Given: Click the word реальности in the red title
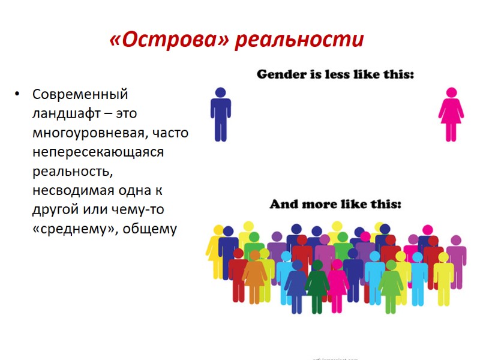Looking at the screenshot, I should (x=299, y=40).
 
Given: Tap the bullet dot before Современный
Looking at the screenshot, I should (x=19, y=95).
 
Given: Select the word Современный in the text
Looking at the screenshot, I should (x=80, y=94).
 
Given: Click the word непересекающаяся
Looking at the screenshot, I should (x=98, y=152).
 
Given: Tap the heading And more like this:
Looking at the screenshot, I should (x=335, y=205).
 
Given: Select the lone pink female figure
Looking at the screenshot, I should (x=451, y=115).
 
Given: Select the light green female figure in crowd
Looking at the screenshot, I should (x=391, y=287).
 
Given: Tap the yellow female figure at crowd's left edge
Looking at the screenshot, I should (x=214, y=252).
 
